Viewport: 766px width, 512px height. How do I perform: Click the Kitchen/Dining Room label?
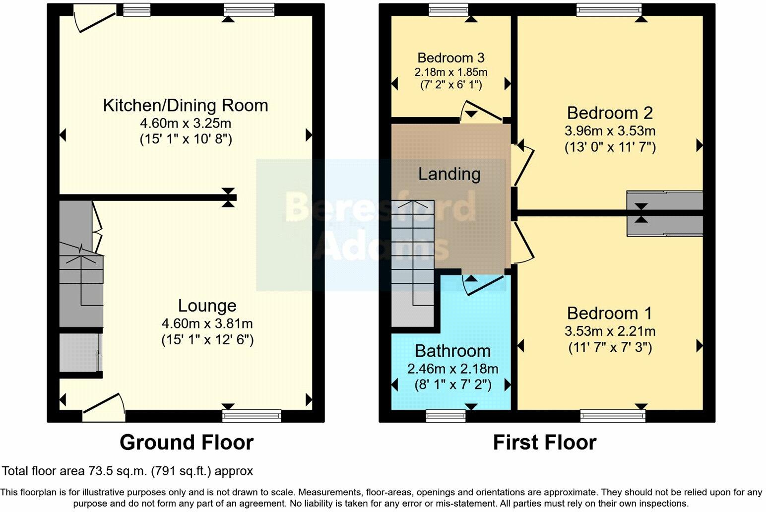tap(185, 106)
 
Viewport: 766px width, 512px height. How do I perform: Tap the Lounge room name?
tap(207, 306)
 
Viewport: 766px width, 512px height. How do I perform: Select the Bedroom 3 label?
tap(450, 58)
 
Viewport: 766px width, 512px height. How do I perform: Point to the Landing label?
tap(449, 174)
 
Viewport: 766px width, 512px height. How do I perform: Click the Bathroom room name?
tap(452, 351)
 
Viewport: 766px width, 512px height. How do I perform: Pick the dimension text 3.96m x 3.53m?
tap(610, 131)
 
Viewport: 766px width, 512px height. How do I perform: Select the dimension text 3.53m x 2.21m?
tap(610, 331)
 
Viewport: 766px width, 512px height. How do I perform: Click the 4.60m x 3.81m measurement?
tap(207, 323)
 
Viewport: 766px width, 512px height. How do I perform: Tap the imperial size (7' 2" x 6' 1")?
tap(450, 85)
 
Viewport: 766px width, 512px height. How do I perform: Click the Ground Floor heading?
tap(187, 442)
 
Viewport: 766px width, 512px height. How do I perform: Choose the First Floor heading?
tap(544, 442)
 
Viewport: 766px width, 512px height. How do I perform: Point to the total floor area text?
tap(128, 471)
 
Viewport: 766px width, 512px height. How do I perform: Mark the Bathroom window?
tap(445, 415)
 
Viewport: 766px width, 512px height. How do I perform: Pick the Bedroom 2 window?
tap(609, 9)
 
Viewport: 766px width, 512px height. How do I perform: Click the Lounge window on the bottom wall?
tap(252, 415)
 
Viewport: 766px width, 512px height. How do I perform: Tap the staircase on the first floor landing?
tap(413, 263)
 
